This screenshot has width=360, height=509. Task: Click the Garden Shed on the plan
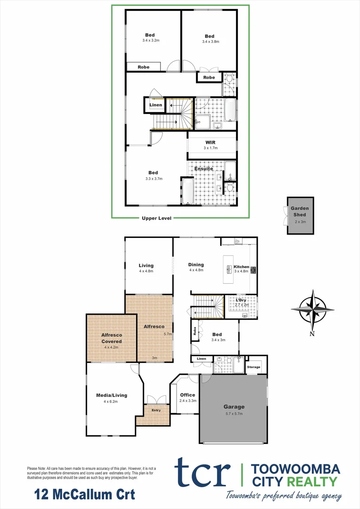click(x=300, y=215)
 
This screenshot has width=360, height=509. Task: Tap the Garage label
click(x=234, y=407)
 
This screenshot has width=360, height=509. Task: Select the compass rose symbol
click(x=312, y=309)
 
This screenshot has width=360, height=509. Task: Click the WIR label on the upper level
click(x=210, y=142)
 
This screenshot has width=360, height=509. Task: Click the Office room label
click(x=188, y=395)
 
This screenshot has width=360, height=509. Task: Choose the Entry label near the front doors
click(x=156, y=410)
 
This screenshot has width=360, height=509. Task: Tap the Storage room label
click(x=254, y=367)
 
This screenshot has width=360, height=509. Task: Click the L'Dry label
click(x=241, y=300)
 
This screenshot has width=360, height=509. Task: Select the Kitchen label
click(x=241, y=267)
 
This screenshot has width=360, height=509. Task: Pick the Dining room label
click(x=196, y=265)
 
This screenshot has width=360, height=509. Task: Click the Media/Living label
click(x=112, y=395)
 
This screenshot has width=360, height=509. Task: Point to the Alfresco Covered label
click(x=112, y=338)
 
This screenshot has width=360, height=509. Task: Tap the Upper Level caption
click(x=157, y=218)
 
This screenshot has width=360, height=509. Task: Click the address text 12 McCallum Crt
click(x=85, y=495)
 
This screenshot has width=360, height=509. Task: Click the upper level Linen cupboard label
click(x=156, y=105)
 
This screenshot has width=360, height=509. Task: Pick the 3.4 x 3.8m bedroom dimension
click(x=210, y=41)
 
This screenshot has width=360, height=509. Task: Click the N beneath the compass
click(x=312, y=334)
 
